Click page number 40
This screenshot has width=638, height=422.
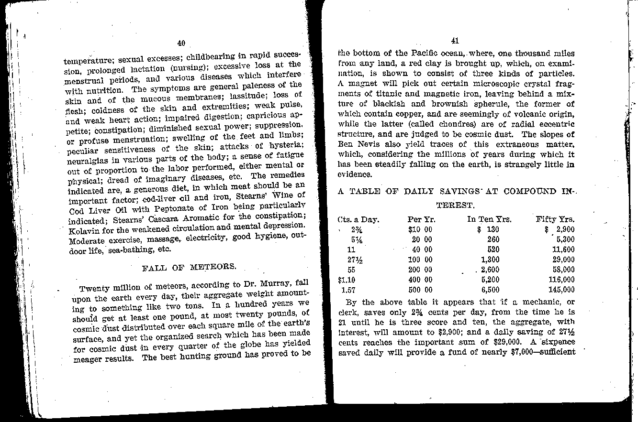pos(181,43)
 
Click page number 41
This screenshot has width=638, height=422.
pos(455,41)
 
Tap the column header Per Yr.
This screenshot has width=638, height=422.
pos(421,220)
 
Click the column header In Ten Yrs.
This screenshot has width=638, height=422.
pos(489,220)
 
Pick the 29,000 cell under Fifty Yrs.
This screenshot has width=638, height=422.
pos(563,260)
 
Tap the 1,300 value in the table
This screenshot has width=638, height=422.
pos(490,260)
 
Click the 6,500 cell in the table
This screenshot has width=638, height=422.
pos(490,290)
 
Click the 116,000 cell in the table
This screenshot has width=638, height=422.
pos(563,280)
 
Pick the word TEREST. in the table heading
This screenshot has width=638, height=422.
pos(455,206)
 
